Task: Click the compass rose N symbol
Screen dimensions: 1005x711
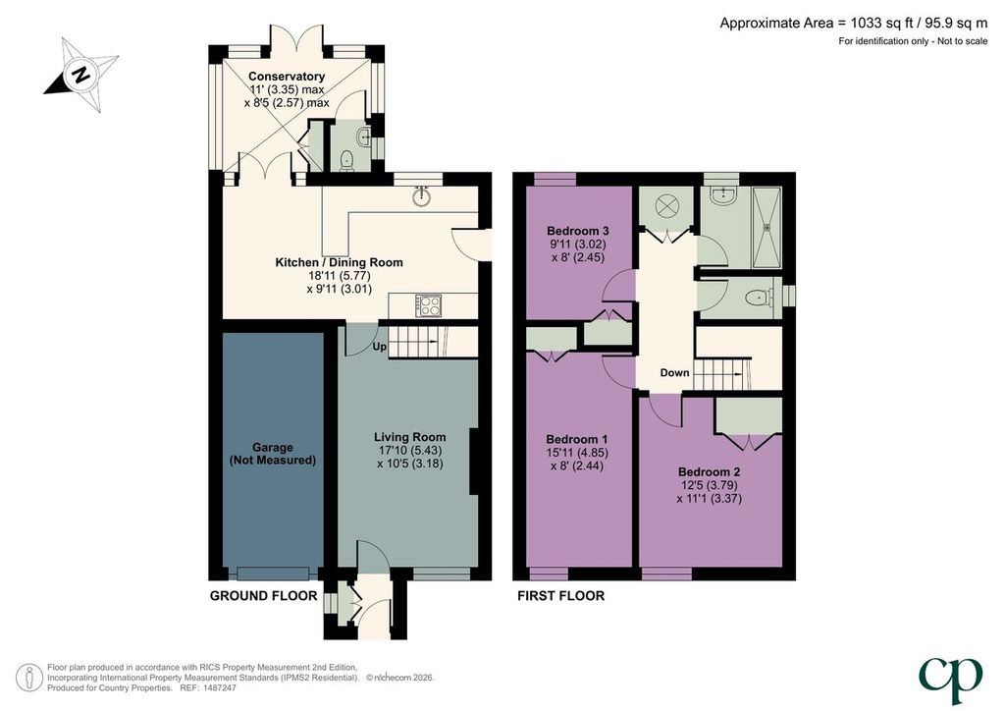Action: pyautogui.click(x=80, y=75)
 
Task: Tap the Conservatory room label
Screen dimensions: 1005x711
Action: pyautogui.click(x=287, y=77)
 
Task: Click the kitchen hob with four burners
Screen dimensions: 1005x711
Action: pyautogui.click(x=428, y=305)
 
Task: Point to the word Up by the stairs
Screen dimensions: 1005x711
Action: pyautogui.click(x=380, y=347)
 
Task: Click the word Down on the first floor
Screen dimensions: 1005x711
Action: pyautogui.click(x=675, y=372)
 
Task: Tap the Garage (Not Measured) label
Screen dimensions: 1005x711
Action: pyautogui.click(x=273, y=454)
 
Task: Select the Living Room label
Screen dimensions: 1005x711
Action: pyautogui.click(x=410, y=437)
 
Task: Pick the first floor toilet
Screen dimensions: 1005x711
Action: pyautogui.click(x=760, y=298)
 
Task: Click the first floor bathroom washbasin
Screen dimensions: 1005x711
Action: pyautogui.click(x=725, y=194)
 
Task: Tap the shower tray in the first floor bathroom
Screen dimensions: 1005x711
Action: pyautogui.click(x=767, y=227)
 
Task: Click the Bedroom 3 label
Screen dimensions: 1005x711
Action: pyautogui.click(x=577, y=231)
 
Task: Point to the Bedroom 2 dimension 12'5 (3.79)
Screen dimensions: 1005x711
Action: pyautogui.click(x=710, y=485)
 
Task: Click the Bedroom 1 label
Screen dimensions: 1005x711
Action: pyautogui.click(x=577, y=439)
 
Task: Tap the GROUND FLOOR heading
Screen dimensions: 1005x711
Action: pyautogui.click(x=263, y=595)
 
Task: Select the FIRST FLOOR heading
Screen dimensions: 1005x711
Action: pyautogui.click(x=560, y=595)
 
